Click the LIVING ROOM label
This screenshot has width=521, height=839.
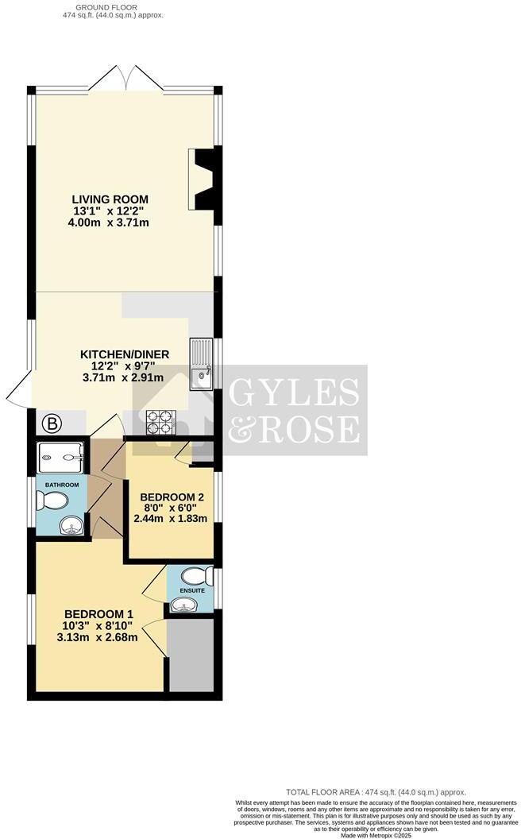(x=110, y=199)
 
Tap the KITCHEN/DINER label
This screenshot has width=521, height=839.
(x=118, y=354)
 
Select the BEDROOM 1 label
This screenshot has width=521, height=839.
(x=98, y=613)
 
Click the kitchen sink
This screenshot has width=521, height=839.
(x=200, y=365)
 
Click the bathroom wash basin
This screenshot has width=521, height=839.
(x=71, y=526)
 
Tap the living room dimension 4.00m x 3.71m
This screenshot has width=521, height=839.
(x=110, y=222)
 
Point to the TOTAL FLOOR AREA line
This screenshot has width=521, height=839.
(x=376, y=792)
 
